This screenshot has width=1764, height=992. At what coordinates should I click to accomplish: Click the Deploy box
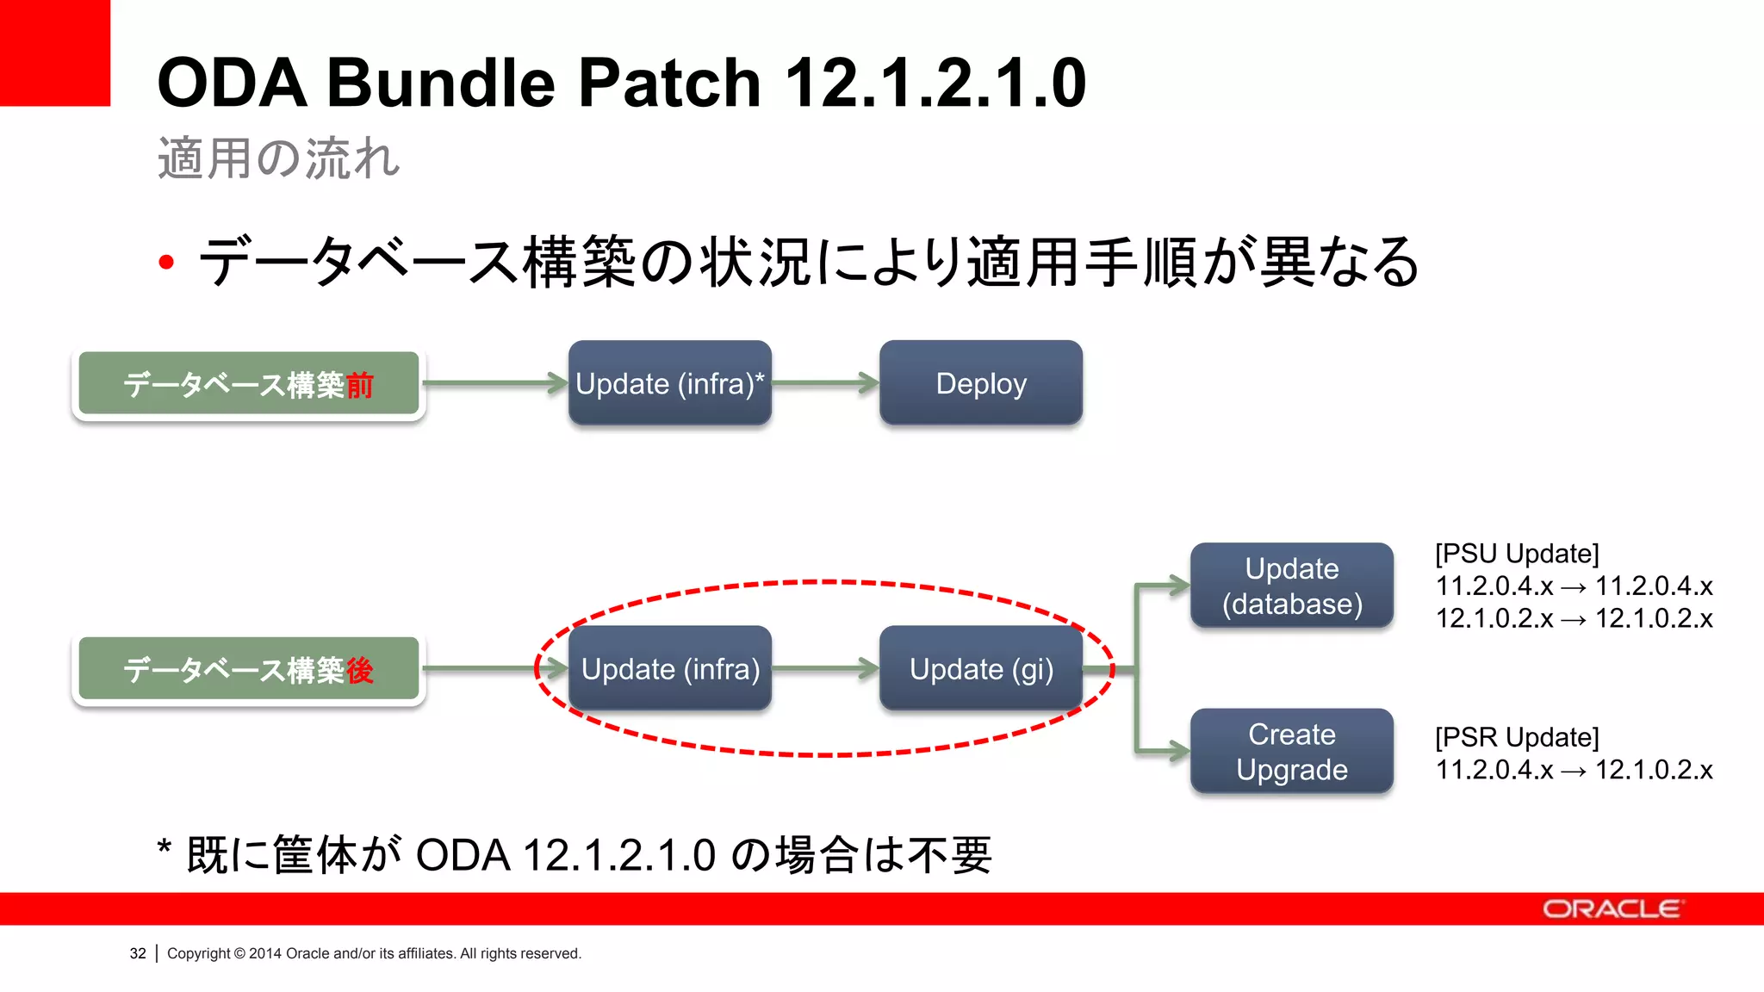click(980, 383)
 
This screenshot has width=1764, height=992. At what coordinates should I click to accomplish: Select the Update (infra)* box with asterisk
click(669, 383)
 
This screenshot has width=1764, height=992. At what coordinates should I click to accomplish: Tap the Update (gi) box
click(980, 669)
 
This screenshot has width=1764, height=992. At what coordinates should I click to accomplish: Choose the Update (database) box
click(1291, 586)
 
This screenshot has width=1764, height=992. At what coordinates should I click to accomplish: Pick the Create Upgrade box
click(1291, 751)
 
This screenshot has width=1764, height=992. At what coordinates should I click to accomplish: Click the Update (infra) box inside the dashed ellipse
click(669, 669)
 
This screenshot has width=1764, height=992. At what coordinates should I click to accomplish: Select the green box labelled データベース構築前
click(248, 384)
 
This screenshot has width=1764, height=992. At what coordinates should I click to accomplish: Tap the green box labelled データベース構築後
click(248, 670)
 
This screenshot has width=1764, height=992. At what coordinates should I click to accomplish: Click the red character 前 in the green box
click(359, 385)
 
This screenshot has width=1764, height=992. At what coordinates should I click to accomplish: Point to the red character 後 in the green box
click(359, 670)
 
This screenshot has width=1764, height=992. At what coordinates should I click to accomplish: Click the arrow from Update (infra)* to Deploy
click(824, 383)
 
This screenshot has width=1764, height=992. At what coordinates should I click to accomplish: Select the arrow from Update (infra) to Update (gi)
click(824, 668)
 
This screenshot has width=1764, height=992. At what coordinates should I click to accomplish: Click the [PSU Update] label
click(1516, 554)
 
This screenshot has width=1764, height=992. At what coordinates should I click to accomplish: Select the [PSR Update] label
click(1516, 737)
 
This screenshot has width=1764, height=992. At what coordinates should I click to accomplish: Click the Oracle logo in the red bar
click(1611, 909)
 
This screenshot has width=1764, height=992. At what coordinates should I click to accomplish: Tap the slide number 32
click(138, 953)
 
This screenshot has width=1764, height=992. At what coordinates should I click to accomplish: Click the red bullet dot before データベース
click(166, 263)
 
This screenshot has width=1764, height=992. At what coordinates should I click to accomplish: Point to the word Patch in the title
click(668, 83)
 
